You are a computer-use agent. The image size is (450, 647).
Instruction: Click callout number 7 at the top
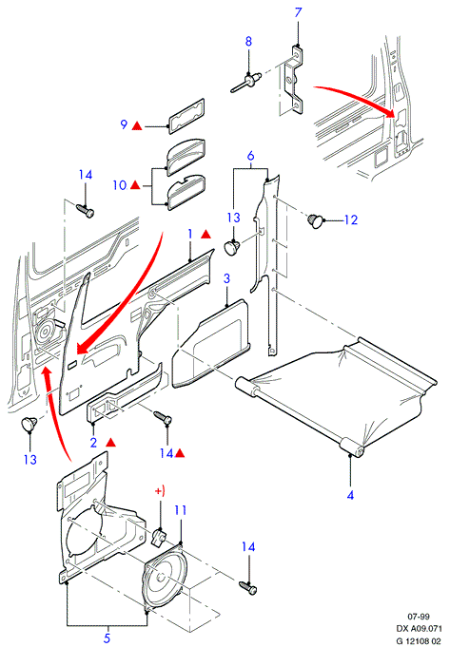299,12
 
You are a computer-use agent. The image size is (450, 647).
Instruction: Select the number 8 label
248,41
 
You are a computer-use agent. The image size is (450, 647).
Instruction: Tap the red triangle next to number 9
137,125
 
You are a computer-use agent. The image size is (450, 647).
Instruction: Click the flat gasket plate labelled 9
186,116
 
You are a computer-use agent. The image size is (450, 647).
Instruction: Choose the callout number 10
120,185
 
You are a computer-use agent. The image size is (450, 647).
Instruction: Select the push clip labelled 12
315,220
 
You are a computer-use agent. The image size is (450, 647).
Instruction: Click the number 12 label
350,219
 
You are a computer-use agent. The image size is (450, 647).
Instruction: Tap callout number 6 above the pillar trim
250,156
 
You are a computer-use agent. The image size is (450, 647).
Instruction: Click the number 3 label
226,278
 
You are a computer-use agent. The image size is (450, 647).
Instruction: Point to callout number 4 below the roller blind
350,495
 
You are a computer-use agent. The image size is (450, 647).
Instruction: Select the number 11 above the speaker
181,510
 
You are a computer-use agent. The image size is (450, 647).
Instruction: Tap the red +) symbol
160,491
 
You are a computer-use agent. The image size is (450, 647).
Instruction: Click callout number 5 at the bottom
107,638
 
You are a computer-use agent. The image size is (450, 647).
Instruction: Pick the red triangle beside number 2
110,443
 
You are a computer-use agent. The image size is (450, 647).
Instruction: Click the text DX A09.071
419,629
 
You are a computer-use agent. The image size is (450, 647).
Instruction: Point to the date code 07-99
419,617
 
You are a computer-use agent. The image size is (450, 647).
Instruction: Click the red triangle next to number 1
205,235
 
